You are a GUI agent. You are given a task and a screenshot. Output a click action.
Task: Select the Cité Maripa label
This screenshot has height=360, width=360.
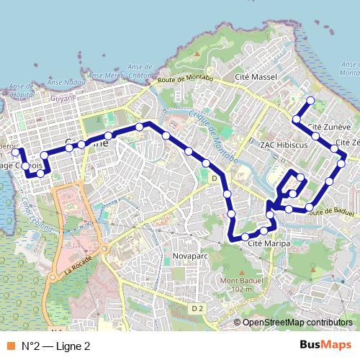point(269,244)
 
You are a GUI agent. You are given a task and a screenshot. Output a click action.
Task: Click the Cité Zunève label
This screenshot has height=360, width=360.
point(329,127)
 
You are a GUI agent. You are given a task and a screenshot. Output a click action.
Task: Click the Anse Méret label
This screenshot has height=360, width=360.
point(101,74)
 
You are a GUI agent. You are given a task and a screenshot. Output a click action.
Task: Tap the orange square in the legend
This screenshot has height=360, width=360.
point(11,346)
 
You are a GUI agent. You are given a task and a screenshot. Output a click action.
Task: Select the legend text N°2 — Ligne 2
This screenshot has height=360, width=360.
point(55,346)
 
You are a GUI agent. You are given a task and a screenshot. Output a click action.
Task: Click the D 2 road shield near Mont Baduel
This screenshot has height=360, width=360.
point(197,308)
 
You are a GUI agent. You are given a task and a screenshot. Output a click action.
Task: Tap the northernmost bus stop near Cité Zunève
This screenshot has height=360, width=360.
point(310,100)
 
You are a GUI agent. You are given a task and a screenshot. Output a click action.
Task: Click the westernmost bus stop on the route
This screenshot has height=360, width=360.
point(16,151)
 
